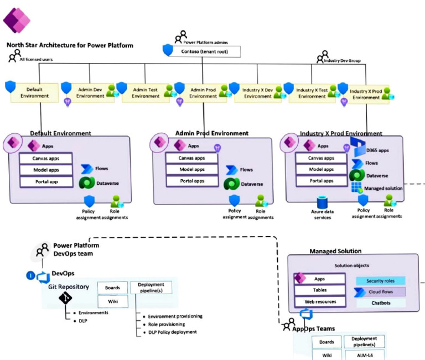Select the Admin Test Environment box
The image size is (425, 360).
click(146, 92)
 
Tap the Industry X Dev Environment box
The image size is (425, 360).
click(258, 92)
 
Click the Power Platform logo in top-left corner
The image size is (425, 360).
click(16, 20)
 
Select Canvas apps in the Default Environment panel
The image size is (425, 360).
click(46, 158)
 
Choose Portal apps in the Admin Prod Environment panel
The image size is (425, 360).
click(192, 181)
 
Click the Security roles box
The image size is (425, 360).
click(380, 281)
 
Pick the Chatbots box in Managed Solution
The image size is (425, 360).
click(380, 302)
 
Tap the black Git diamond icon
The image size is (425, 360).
click(66, 299)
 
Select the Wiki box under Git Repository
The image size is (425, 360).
click(112, 301)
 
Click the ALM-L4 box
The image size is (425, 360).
click(364, 354)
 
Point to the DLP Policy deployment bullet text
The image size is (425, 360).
click(174, 332)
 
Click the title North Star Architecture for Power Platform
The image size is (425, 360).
click(70, 45)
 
